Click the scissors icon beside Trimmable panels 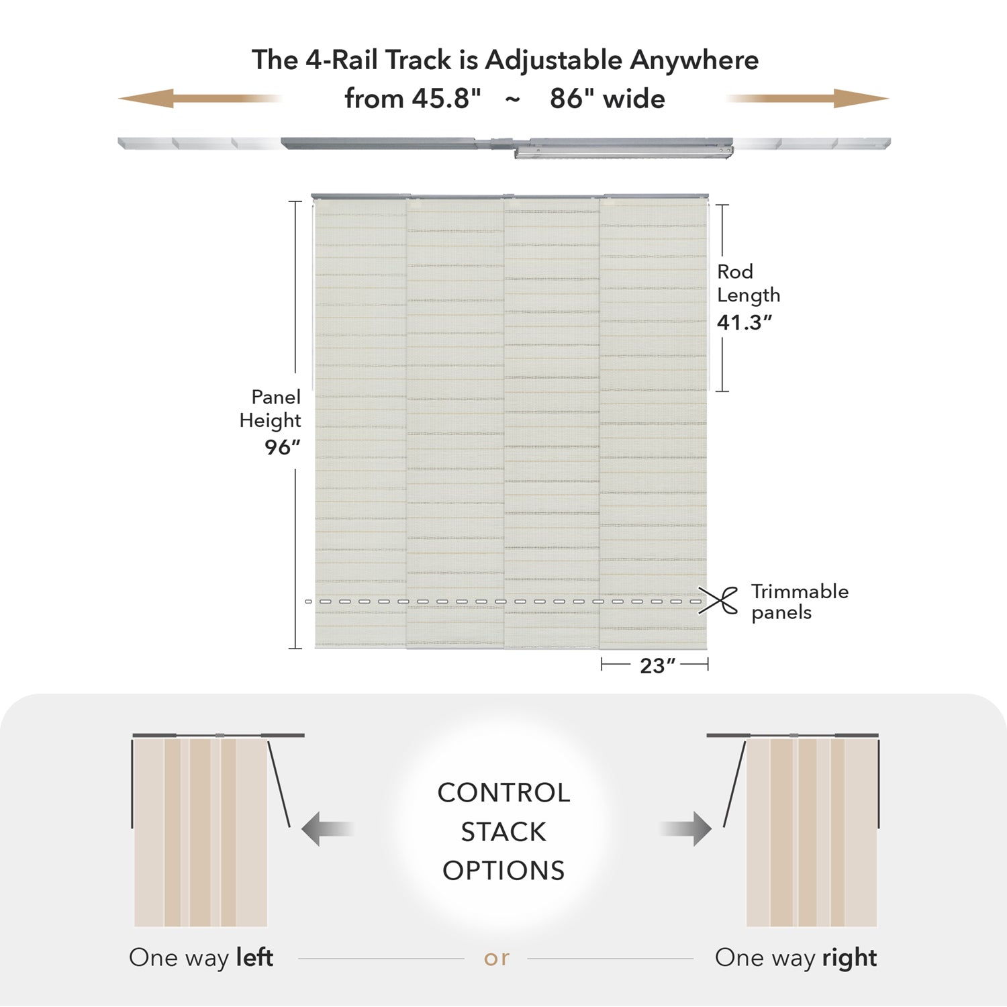(x=718, y=600)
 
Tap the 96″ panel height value (x=283, y=447)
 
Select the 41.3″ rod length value (x=745, y=322)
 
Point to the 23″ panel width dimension (x=657, y=665)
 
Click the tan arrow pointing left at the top (x=199, y=99)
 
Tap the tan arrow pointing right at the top (x=808, y=99)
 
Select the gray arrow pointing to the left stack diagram (x=327, y=829)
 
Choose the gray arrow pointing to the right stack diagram (x=685, y=829)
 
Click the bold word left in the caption (x=254, y=957)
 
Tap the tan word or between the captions (x=497, y=959)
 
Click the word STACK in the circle (x=503, y=832)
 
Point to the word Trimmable (x=800, y=591)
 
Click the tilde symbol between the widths (x=512, y=99)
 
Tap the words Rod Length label (x=749, y=283)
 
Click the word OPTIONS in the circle (x=503, y=871)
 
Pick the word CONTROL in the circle (x=503, y=793)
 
